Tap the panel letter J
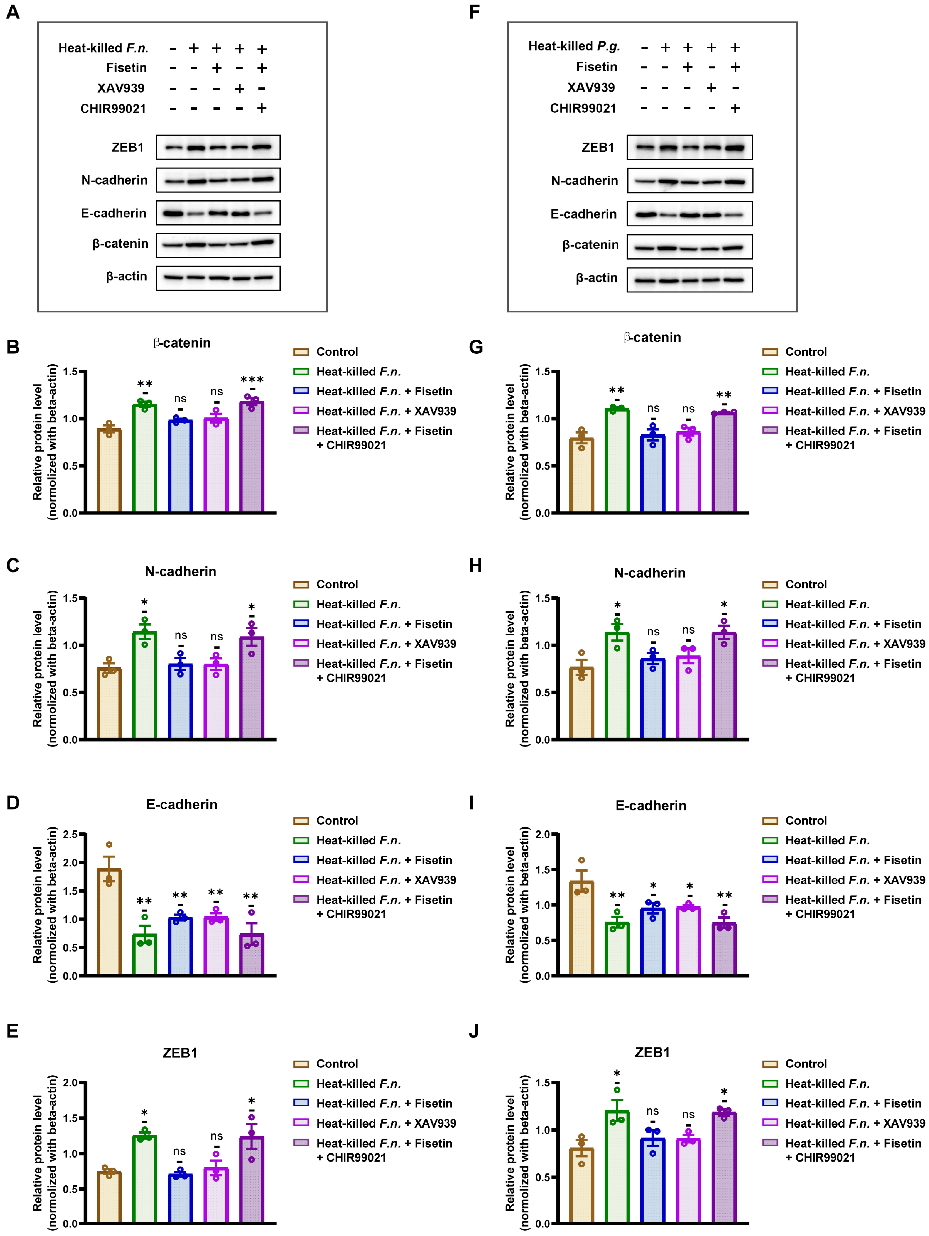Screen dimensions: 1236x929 coord(474,1031)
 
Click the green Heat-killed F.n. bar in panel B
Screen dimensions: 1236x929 coord(145,458)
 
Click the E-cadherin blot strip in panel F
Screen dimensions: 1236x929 coord(689,214)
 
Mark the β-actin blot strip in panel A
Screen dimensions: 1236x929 coord(218,278)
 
